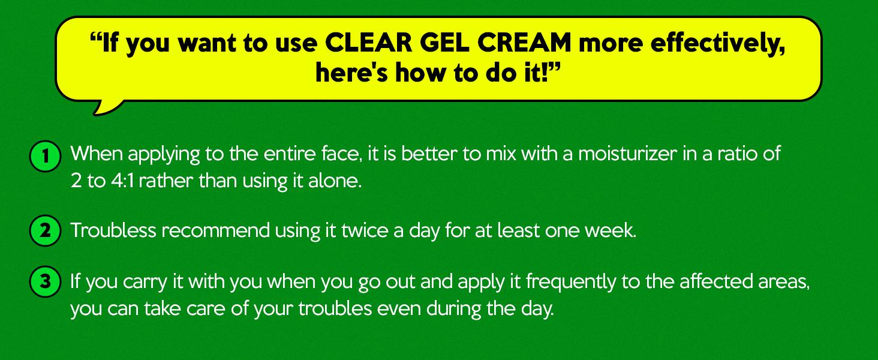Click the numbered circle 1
click(x=46, y=156)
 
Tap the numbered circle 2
click(x=46, y=230)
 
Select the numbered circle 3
click(x=46, y=281)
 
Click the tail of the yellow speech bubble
click(x=105, y=108)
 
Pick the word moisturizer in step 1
click(x=627, y=154)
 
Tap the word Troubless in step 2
click(x=113, y=230)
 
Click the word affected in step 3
click(x=715, y=281)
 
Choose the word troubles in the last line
click(x=335, y=308)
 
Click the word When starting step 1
click(x=97, y=154)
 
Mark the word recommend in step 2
click(x=215, y=230)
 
